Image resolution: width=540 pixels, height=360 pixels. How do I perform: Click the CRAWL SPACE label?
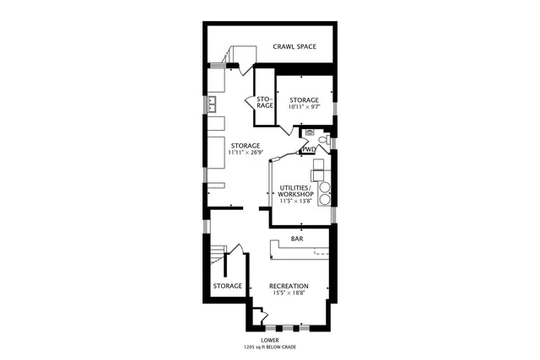coord(294,46)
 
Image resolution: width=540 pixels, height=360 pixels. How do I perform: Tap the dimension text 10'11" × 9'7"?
coord(303,107)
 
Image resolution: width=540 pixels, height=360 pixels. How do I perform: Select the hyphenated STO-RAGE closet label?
coord(264,102)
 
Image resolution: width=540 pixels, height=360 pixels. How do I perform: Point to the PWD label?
coord(309,150)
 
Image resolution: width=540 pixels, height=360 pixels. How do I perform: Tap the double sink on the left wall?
coord(212,105)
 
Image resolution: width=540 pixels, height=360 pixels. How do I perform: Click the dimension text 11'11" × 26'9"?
coord(246,153)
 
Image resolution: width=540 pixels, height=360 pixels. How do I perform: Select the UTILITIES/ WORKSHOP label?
coord(296,190)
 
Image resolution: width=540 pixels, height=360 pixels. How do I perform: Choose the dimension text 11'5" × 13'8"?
coord(296,201)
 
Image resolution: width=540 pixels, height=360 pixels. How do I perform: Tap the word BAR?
coord(297,239)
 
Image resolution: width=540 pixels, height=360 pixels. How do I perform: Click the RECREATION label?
coord(289,286)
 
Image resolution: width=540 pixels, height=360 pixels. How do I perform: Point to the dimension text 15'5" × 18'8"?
coord(289,293)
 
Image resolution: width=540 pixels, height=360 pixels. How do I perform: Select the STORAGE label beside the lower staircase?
coord(228,286)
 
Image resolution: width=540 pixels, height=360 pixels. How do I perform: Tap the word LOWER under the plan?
coord(270,340)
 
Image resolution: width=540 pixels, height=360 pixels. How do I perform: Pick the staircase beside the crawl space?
coord(240,56)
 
